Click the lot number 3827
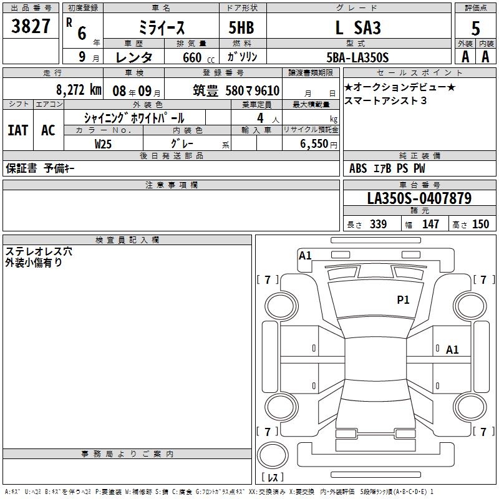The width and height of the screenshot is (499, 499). [31, 26]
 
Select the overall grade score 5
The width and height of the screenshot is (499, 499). [475, 29]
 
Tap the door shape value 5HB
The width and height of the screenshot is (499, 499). [241, 27]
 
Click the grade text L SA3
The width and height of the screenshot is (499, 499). [358, 27]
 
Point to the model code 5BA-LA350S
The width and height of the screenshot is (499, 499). [357, 57]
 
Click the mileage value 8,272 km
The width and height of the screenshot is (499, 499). [79, 90]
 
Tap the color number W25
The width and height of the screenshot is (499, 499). [103, 144]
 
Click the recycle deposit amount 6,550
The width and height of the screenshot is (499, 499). [314, 144]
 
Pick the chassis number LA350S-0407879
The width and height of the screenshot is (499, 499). [419, 198]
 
